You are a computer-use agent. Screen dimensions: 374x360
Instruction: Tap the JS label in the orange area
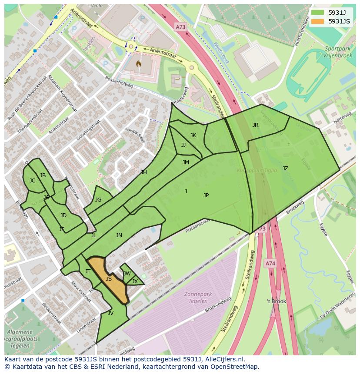click(x=109, y=279)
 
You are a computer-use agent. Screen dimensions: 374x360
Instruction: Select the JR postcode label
click(x=255, y=125)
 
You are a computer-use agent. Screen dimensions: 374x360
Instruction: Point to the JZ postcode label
click(x=285, y=169)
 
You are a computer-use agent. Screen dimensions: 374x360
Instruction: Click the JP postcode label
click(x=206, y=195)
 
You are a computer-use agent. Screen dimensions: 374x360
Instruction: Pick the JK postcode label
click(x=193, y=136)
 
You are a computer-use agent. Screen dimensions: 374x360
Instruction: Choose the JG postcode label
click(x=98, y=200)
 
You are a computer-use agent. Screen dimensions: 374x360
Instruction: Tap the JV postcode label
click(x=110, y=313)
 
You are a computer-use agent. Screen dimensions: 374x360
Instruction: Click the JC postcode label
click(x=32, y=181)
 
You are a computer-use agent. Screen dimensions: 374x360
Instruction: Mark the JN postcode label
click(x=119, y=235)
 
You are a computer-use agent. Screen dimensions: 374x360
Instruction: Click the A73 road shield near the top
click(x=180, y=27)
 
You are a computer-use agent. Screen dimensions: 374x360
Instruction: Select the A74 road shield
click(x=270, y=263)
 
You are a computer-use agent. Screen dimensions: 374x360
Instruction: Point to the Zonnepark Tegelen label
click(x=198, y=297)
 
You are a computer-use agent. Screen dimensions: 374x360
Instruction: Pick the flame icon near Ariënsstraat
click(x=138, y=64)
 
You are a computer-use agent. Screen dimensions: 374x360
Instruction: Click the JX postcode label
click(x=135, y=281)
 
